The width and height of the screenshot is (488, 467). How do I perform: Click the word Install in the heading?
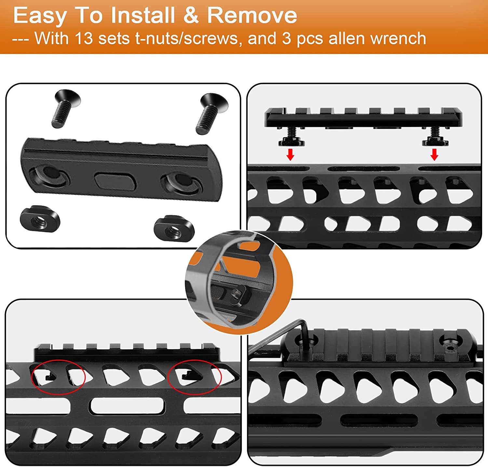142,15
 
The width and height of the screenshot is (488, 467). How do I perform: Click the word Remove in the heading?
252,15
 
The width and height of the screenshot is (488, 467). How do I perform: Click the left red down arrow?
290,154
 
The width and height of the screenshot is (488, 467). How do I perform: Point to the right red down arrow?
434,154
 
